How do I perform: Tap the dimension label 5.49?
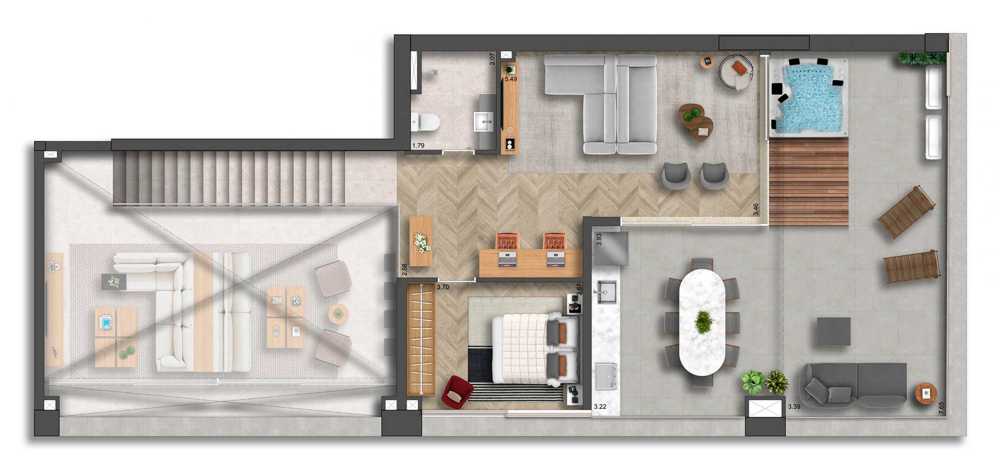click(510, 79)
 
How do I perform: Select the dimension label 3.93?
click(599, 239)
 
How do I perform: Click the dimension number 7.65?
click(941, 408)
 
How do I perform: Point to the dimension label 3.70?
click(443, 287)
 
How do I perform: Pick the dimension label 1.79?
click(418, 146)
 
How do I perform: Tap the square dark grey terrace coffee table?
click(833, 332)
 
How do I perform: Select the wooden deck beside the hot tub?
click(809, 182)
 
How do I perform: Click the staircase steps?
click(229, 178)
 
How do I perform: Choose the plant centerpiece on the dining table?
click(704, 322)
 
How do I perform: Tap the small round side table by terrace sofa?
click(926, 393)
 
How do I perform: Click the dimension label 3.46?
click(756, 209)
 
